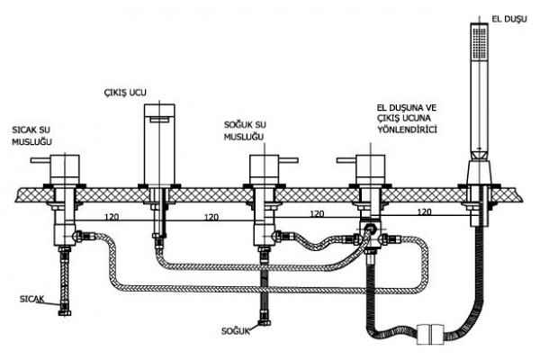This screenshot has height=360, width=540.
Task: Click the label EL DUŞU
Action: [509, 19]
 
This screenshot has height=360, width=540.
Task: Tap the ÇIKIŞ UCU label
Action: [125, 93]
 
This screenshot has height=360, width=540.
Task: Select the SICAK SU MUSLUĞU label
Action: [31, 136]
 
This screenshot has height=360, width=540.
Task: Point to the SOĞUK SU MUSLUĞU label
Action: [245, 130]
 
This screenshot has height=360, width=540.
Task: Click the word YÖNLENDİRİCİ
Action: [408, 130]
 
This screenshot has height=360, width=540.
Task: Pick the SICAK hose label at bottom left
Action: [32, 299]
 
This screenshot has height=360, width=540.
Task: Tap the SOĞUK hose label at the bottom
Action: [236, 331]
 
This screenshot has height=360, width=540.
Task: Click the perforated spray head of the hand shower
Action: [479, 42]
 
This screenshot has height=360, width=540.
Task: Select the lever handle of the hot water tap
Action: [40, 160]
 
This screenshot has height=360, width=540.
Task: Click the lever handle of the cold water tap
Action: [288, 160]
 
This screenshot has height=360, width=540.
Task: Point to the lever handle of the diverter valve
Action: [346, 160]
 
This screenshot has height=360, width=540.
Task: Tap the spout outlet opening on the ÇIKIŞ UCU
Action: [159, 119]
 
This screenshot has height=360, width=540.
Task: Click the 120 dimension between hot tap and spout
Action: [112, 217]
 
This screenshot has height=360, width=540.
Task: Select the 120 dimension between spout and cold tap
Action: [211, 217]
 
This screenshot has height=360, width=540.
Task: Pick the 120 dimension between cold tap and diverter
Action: [317, 213]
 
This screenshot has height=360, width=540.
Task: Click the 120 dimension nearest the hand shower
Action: [424, 211]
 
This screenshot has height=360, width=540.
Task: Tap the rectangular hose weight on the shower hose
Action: [430, 334]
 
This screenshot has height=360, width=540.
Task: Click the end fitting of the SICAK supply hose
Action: [65, 312]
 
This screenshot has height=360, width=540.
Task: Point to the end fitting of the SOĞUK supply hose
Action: [265, 323]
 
